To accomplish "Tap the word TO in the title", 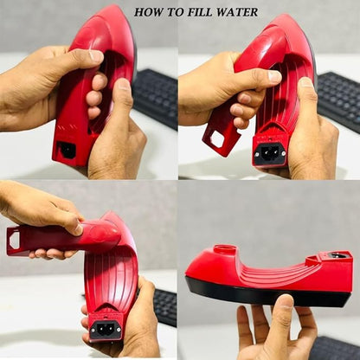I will click(x=177, y=11).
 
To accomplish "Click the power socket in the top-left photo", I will click(x=66, y=150).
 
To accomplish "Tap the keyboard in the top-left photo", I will click(x=156, y=95).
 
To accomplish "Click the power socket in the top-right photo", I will click(x=270, y=153).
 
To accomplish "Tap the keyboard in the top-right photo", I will click(x=337, y=95).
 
